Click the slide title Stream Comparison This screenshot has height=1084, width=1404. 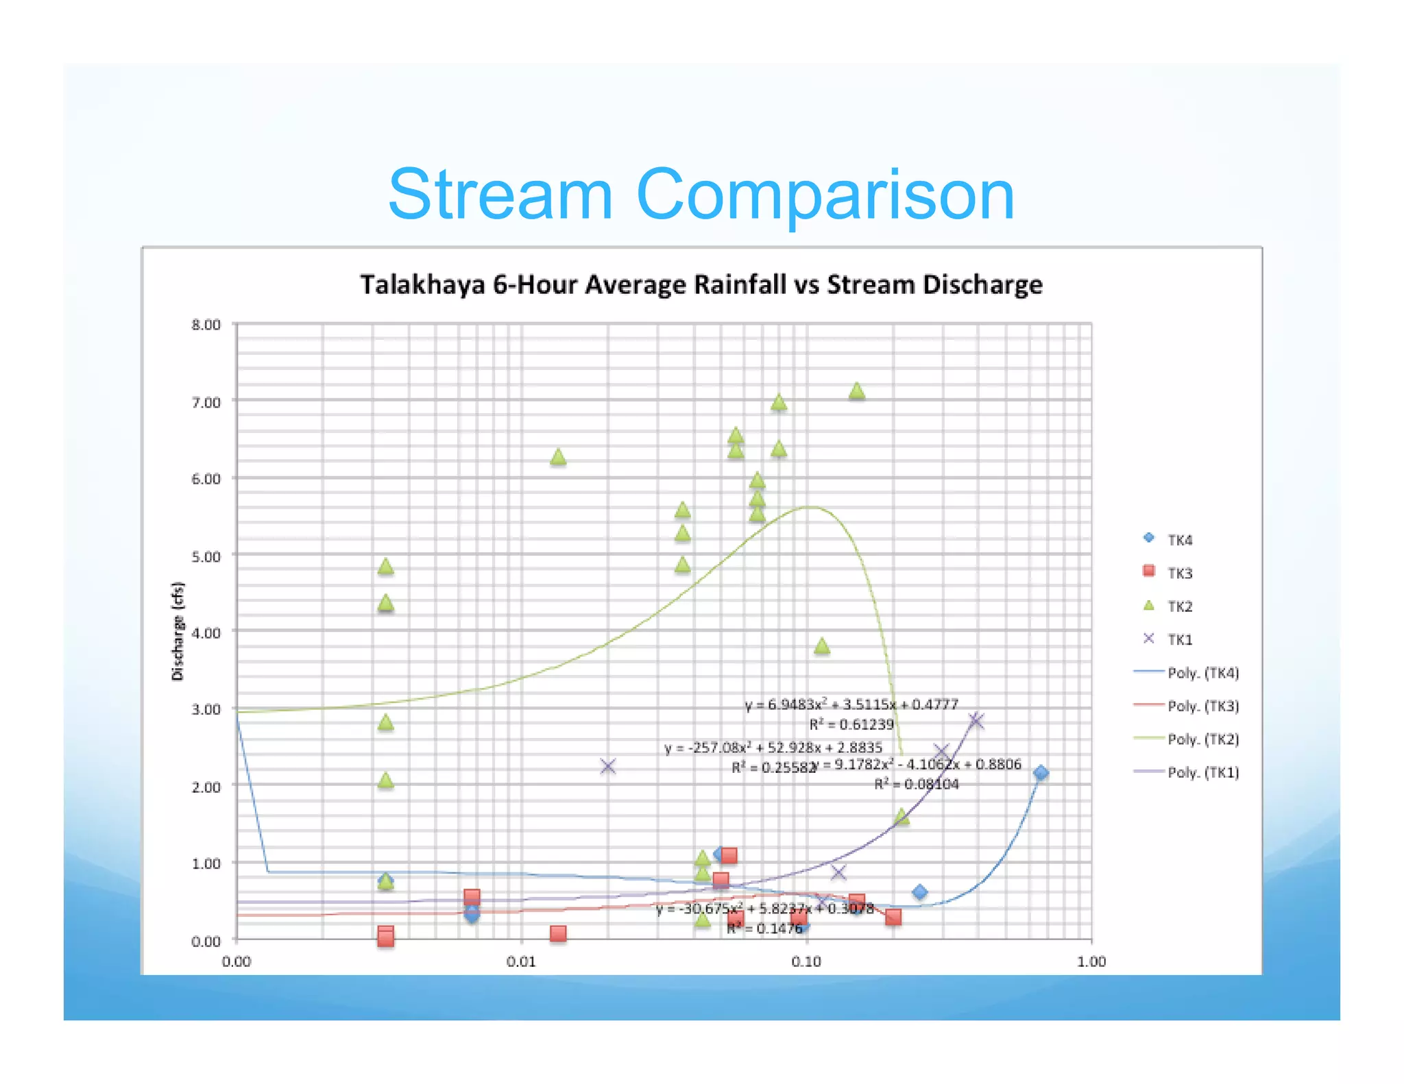(x=701, y=195)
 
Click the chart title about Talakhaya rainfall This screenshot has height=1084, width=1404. (x=701, y=284)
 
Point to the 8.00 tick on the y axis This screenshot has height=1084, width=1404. (x=206, y=325)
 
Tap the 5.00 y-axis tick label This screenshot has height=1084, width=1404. (x=206, y=556)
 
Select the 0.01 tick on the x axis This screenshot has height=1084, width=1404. (x=521, y=961)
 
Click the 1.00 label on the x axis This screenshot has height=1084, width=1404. (x=1091, y=961)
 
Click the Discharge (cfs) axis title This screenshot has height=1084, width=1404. (x=178, y=630)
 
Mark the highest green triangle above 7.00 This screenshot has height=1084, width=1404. (x=856, y=391)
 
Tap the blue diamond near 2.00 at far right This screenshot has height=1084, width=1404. (x=1040, y=773)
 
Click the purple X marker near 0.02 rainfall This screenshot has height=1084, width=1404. (x=607, y=766)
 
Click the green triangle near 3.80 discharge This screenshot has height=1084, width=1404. (x=821, y=646)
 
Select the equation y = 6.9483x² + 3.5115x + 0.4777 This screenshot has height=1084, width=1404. (x=851, y=704)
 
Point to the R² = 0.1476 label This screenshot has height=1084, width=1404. (x=764, y=928)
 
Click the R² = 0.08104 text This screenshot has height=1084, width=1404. (x=916, y=784)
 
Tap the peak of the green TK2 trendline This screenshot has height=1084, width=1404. (x=810, y=507)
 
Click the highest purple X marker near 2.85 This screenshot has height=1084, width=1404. (x=976, y=720)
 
